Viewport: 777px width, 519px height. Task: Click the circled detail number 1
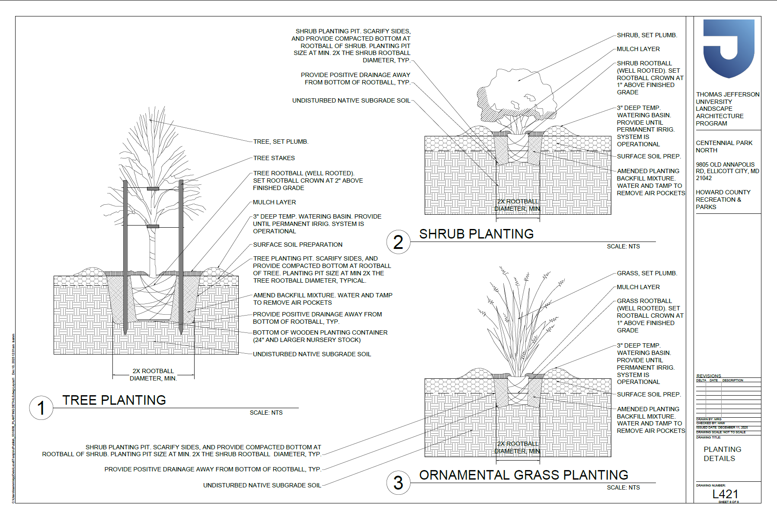(x=41, y=408)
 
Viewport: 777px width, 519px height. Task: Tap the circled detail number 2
(x=398, y=242)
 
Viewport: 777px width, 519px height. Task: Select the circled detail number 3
(x=398, y=483)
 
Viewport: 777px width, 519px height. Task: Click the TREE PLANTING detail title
(x=114, y=400)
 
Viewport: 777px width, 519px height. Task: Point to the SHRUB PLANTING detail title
(x=476, y=234)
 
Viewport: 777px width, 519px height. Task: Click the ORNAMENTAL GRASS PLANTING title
(x=523, y=475)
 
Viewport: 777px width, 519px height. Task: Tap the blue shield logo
(x=729, y=48)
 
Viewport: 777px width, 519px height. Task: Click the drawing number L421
(x=725, y=494)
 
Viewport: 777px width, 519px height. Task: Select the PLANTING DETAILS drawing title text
(x=722, y=454)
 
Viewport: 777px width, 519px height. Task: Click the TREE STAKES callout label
(x=274, y=158)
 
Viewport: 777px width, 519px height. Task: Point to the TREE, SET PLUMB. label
(x=281, y=142)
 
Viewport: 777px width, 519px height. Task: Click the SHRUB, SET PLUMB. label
(x=647, y=35)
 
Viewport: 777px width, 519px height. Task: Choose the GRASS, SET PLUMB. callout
(x=647, y=273)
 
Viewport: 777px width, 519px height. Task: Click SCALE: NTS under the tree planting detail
(x=266, y=413)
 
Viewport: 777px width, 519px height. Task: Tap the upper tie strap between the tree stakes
(x=153, y=188)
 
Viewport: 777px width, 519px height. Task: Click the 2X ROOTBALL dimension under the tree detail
(x=153, y=374)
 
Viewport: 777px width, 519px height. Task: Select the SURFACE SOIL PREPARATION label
(x=297, y=245)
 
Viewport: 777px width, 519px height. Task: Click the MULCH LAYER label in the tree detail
(x=274, y=202)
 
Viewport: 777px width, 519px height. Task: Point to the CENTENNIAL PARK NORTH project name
(x=724, y=146)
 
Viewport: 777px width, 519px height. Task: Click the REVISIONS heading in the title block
(x=709, y=376)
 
